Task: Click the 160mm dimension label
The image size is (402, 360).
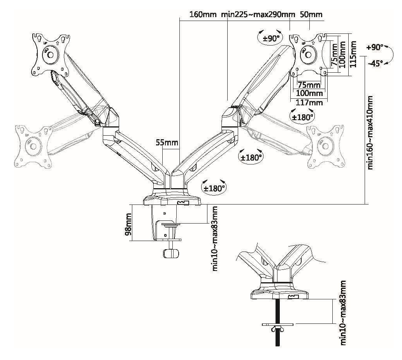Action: [202, 15]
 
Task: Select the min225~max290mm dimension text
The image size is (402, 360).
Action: [258, 15]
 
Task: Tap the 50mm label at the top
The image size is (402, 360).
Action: [311, 15]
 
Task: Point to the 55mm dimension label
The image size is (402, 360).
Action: [167, 142]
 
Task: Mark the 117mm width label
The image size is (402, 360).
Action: [309, 103]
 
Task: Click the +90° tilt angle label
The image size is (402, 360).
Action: [375, 47]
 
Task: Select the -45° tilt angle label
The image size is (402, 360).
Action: [376, 63]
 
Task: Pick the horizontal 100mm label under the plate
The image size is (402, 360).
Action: [309, 93]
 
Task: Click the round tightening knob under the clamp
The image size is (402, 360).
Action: [171, 253]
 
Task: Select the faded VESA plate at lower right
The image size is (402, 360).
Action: [326, 147]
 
